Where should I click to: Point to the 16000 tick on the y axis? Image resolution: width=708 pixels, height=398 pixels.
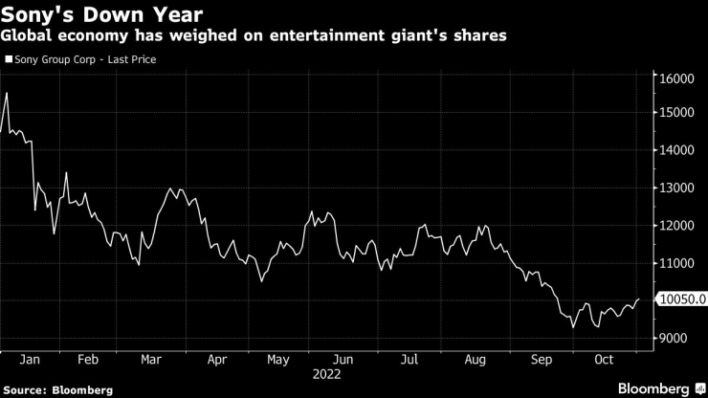pyautogui.click(x=675, y=77)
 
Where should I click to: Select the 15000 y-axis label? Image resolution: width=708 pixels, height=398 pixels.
pyautogui.click(x=675, y=114)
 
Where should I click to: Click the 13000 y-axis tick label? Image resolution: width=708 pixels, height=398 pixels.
pyautogui.click(x=675, y=188)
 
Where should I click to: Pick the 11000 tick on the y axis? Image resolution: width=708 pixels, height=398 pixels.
pyautogui.click(x=675, y=263)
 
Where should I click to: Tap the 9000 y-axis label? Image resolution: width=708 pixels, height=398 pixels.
pyautogui.click(x=674, y=339)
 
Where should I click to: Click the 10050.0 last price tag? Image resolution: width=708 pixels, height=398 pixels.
pyautogui.click(x=681, y=300)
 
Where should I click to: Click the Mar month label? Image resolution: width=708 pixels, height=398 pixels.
pyautogui.click(x=150, y=361)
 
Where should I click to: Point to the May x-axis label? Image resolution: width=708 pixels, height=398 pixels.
pyautogui.click(x=277, y=361)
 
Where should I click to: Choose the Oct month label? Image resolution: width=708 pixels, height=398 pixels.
pyautogui.click(x=603, y=361)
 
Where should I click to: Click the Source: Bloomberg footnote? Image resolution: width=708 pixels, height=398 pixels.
pyautogui.click(x=58, y=389)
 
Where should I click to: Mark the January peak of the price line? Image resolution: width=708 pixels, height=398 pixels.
pyautogui.click(x=7, y=93)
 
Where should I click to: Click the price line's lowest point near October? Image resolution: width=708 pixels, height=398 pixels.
pyautogui.click(x=573, y=327)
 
